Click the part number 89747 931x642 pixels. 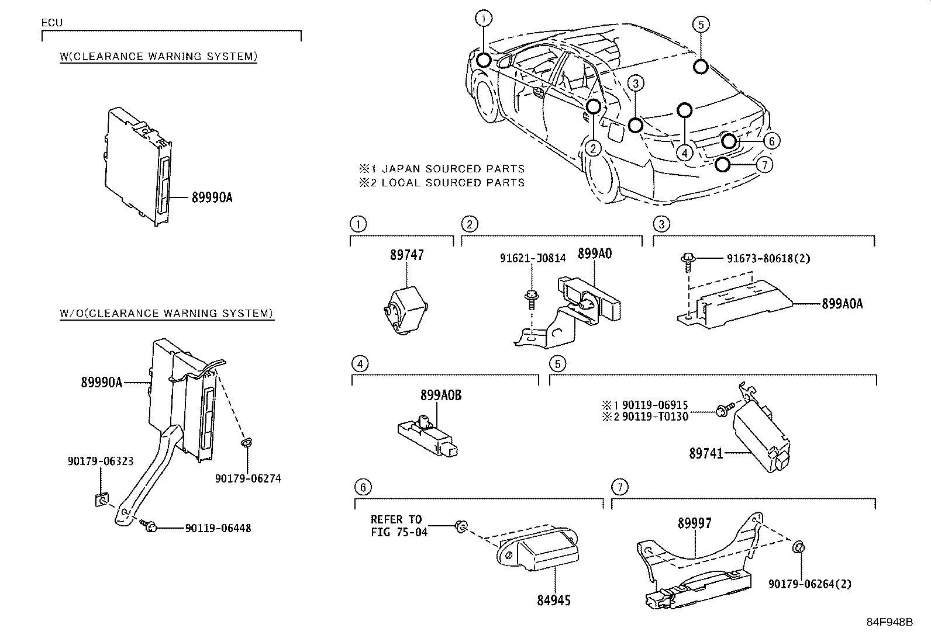(x=407, y=255)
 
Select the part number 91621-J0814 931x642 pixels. (x=533, y=258)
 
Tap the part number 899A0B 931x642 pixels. (x=441, y=395)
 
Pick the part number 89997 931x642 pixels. (x=695, y=523)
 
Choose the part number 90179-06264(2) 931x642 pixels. (x=810, y=584)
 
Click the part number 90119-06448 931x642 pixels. (x=218, y=528)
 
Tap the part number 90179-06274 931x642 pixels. (x=248, y=478)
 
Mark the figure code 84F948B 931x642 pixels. (x=889, y=622)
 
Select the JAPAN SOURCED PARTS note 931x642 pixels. (x=442, y=169)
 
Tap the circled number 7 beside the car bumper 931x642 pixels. (x=764, y=165)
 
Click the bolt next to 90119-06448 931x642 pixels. (x=149, y=526)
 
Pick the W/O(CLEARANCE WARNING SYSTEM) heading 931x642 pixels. (x=167, y=313)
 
